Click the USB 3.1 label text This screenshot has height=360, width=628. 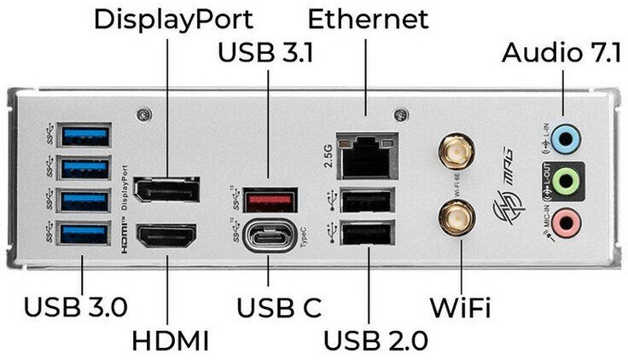[266, 52]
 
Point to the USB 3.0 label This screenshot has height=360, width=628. [83, 306]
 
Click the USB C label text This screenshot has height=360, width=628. [266, 306]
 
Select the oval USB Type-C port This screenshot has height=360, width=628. [270, 235]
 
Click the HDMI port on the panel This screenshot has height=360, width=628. [167, 235]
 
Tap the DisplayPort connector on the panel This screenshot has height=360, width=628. [167, 189]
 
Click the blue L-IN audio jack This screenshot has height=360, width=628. [565, 136]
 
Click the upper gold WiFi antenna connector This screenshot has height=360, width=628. [456, 153]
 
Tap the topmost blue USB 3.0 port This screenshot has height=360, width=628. [84, 135]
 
